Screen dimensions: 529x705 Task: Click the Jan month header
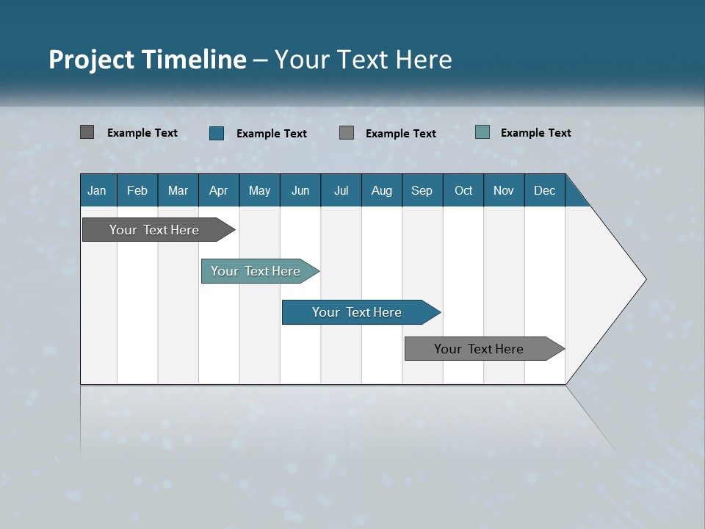97,190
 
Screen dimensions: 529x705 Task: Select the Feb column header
137,190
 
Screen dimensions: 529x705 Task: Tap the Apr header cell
218,190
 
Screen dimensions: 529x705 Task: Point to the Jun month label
300,190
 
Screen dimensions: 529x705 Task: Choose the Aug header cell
382,190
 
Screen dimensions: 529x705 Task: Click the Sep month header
422,190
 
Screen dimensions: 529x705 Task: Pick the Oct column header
463,190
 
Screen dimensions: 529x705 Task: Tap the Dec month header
545,190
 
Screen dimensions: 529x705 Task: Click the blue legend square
217,133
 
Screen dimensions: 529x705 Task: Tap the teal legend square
482,132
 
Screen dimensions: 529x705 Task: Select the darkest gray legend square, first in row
87,132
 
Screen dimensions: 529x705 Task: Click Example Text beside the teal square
535,133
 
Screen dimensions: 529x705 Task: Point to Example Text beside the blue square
271,134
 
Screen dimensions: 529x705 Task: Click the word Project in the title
92,60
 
